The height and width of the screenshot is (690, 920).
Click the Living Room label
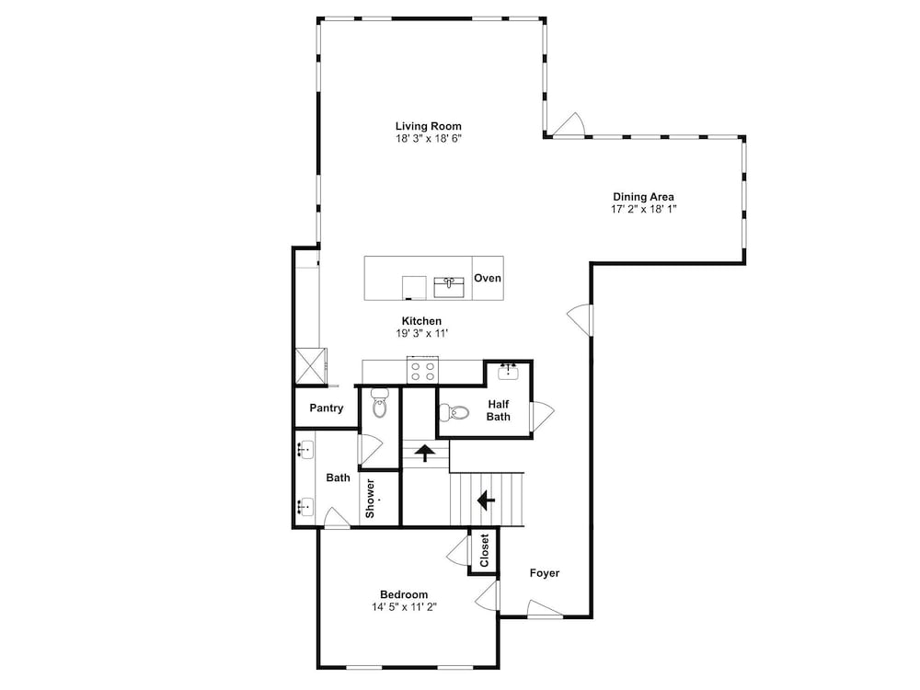point(429,126)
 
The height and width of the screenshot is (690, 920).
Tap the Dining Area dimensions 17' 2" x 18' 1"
point(644,209)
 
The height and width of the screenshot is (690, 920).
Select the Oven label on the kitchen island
point(488,278)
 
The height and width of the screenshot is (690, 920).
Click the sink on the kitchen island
point(449,287)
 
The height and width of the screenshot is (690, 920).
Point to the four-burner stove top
point(423,371)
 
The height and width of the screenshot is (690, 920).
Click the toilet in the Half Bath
point(454,412)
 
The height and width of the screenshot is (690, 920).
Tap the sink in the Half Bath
point(508,372)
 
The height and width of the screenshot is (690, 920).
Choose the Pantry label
point(327,408)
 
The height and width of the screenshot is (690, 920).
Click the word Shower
point(370,499)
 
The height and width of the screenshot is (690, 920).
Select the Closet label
point(484,550)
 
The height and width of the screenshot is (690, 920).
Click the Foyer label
point(545,573)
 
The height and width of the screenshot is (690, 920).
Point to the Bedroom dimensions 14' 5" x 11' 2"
point(404,606)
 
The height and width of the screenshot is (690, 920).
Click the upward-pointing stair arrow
point(424,453)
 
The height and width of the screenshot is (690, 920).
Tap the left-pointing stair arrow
point(486,500)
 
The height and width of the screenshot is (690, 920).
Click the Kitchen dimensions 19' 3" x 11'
point(422,333)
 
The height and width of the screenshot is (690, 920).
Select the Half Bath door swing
point(543,416)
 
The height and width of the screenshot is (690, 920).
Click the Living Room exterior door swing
point(569,124)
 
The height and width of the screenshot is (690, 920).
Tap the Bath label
point(338,478)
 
